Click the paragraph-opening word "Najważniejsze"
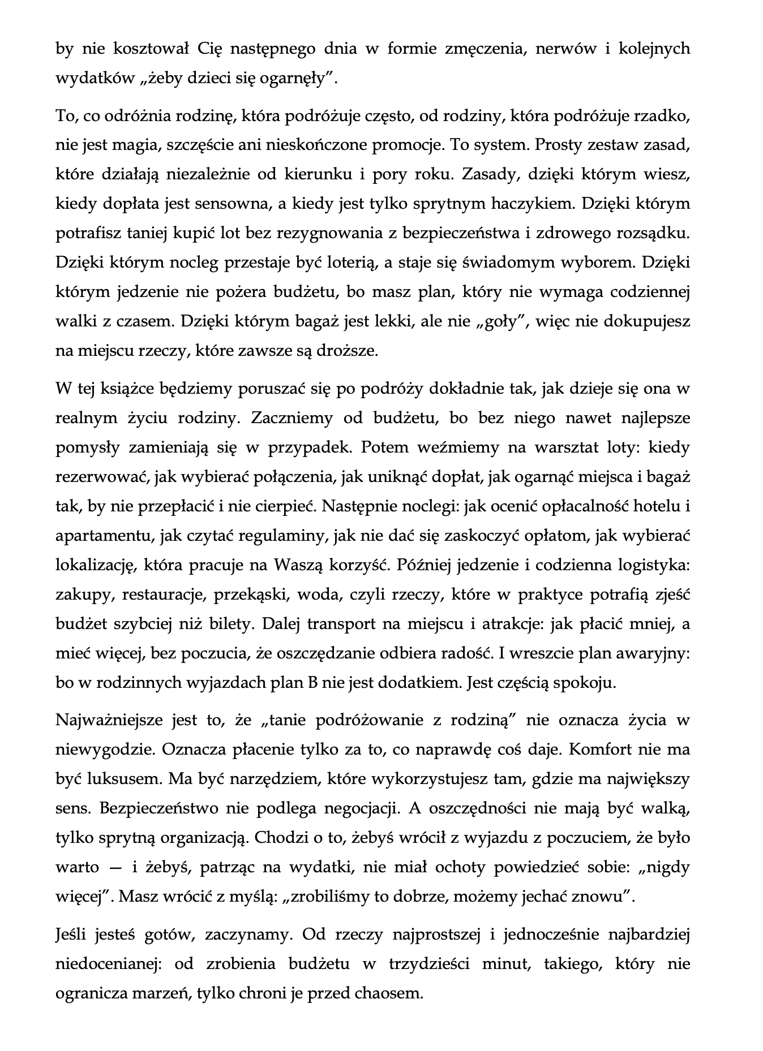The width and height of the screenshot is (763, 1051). [x=107, y=721]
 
